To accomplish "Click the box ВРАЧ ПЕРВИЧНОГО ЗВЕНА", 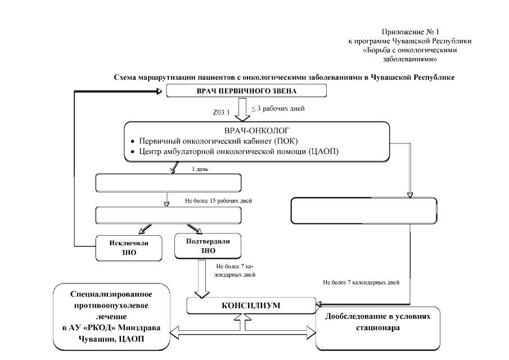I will coord(238,91).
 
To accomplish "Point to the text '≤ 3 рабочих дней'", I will coord(273,108).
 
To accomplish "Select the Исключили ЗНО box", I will coord(125,248).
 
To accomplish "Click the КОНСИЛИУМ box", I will coord(251,305).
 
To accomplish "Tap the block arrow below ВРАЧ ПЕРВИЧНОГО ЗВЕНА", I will coord(244,110).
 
